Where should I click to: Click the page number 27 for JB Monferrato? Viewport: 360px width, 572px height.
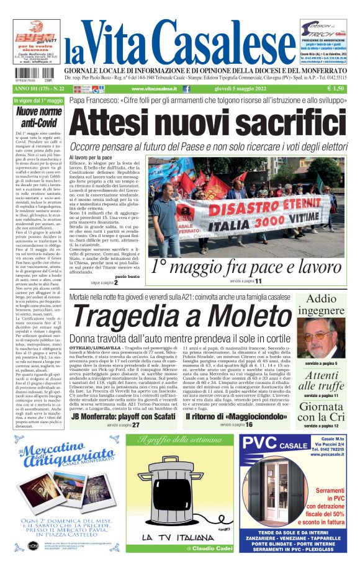coord(135,425)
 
